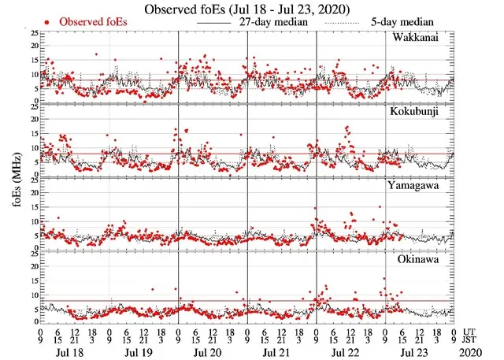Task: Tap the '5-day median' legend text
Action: (429, 22)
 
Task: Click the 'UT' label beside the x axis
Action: (470, 332)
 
